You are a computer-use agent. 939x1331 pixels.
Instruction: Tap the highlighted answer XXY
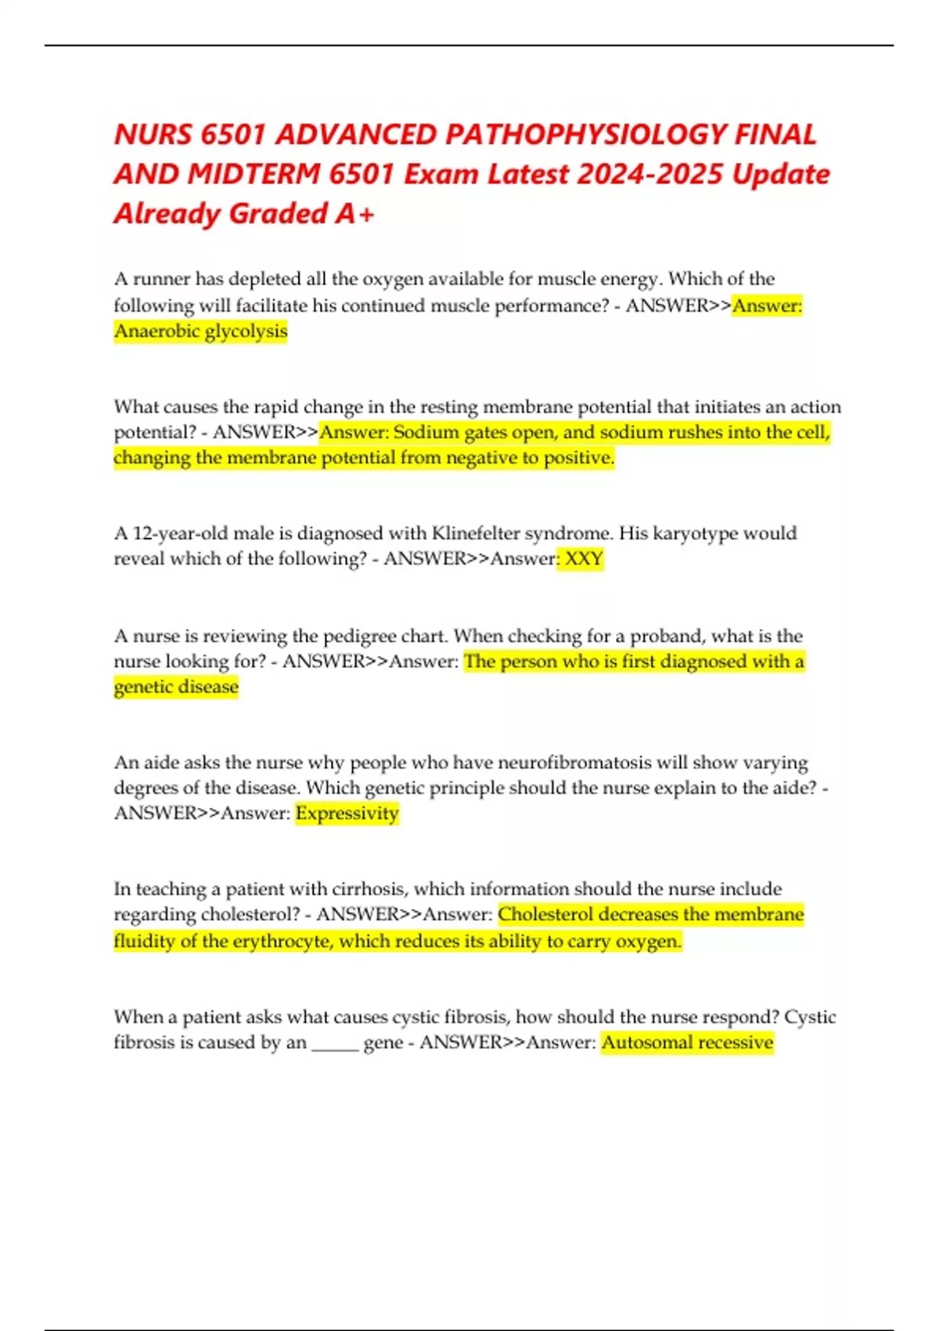tap(584, 559)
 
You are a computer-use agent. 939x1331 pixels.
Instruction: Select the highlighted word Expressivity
tap(347, 813)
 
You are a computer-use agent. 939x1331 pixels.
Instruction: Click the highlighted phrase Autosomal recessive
tap(687, 1043)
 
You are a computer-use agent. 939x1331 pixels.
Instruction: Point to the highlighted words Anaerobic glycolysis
tap(201, 331)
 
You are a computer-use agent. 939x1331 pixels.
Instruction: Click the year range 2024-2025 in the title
tap(649, 174)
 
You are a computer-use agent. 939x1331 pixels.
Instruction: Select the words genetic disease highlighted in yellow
tap(176, 687)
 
